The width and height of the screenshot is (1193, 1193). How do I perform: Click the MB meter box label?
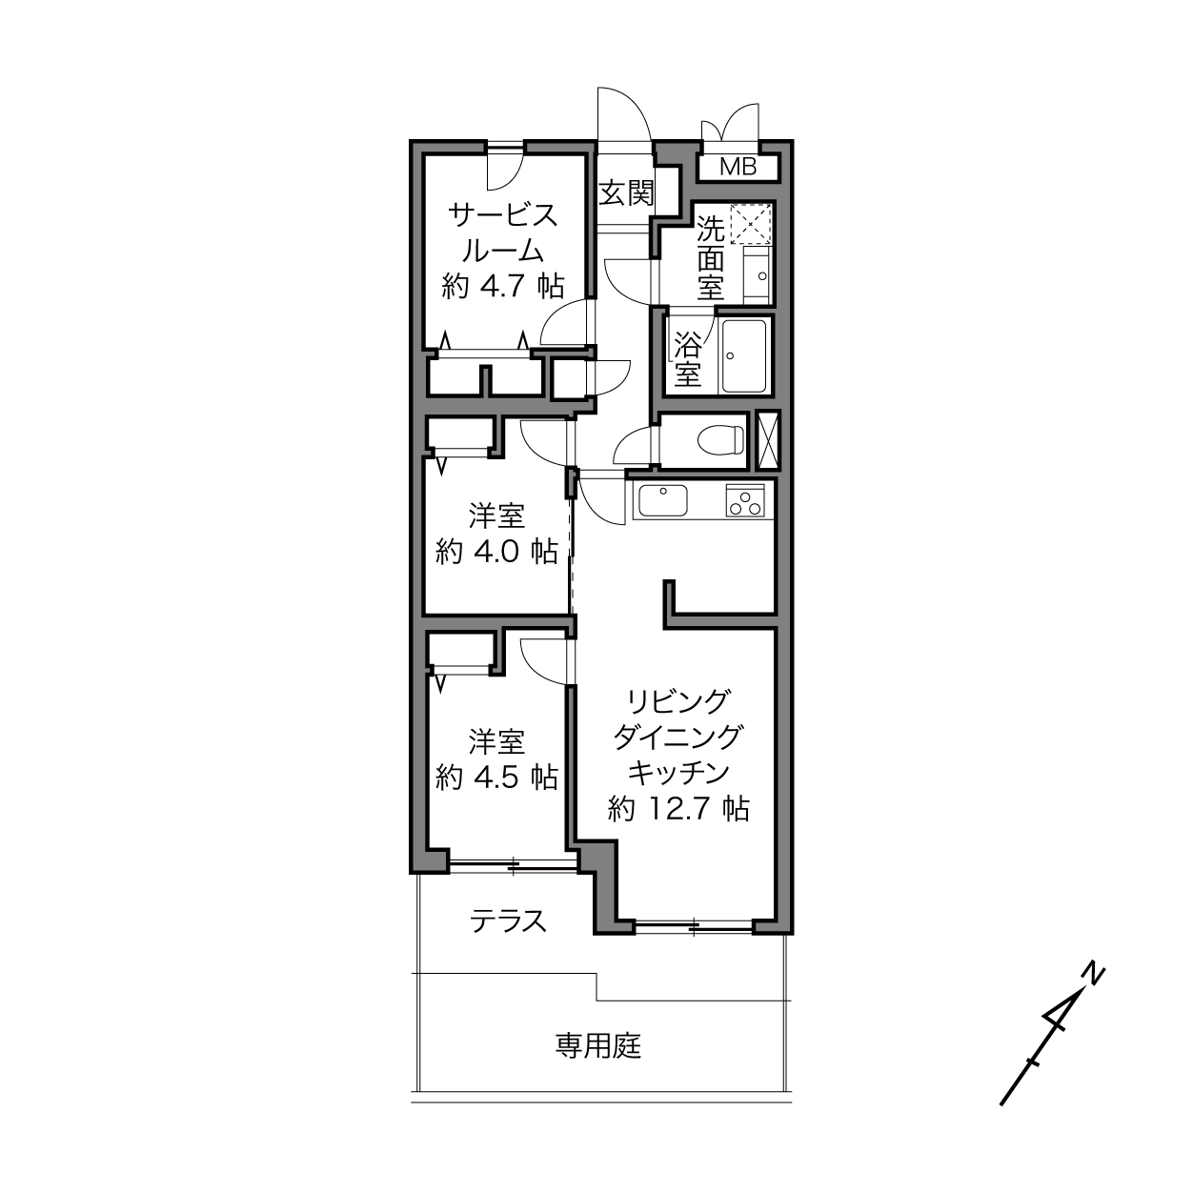click(738, 167)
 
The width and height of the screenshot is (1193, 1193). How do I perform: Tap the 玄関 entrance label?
click(626, 192)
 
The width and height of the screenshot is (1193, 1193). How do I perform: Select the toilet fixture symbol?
click(720, 439)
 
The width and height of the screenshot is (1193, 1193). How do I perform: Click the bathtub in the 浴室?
click(744, 356)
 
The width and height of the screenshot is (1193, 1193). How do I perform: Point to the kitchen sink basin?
click(663, 500)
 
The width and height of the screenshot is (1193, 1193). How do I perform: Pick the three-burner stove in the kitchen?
click(745, 500)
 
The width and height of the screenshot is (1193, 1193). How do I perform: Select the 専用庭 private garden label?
click(597, 1045)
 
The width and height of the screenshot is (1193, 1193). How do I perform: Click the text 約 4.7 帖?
click(503, 286)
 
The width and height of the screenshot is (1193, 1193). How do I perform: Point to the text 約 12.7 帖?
click(678, 809)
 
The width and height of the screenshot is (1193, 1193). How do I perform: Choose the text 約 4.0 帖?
click(496, 551)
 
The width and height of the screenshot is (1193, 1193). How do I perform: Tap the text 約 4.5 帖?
click(496, 778)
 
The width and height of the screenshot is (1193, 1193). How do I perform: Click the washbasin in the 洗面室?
click(757, 274)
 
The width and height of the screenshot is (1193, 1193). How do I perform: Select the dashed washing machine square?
click(750, 224)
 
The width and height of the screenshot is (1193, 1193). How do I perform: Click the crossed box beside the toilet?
click(768, 439)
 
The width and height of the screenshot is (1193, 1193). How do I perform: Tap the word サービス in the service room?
click(503, 216)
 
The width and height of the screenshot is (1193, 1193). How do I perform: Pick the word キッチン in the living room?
click(678, 773)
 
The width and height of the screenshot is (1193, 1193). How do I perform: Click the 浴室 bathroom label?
click(687, 358)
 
